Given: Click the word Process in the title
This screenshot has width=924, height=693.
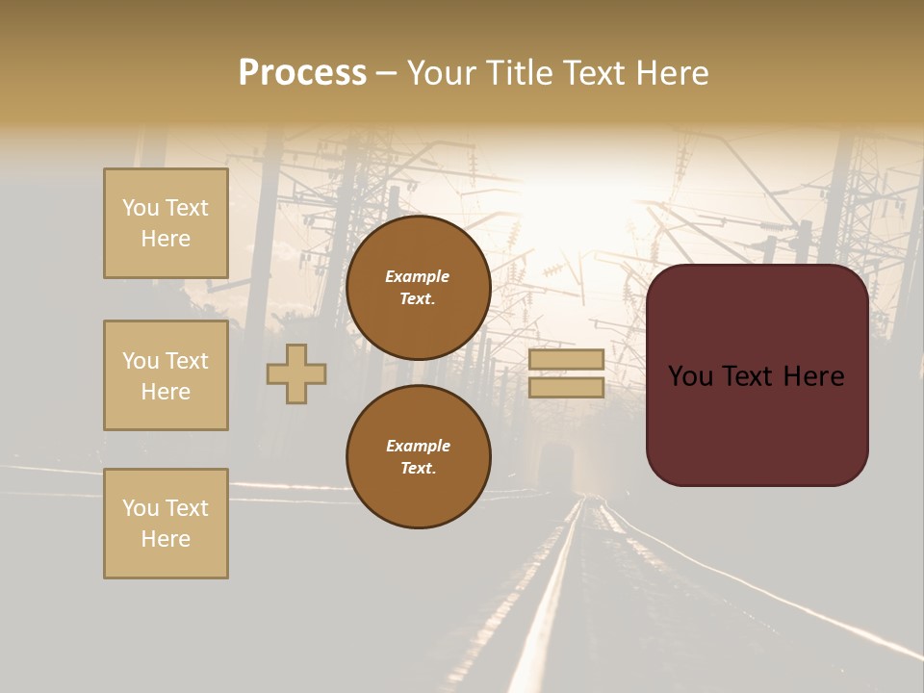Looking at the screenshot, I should tap(302, 73).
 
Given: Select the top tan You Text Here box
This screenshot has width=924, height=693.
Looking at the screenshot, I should tap(166, 223).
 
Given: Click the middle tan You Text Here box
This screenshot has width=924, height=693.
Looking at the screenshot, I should tap(166, 375).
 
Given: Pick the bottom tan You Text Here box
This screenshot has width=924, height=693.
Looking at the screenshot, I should tap(166, 524).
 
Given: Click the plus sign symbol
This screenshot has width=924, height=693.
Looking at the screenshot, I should tap(296, 373).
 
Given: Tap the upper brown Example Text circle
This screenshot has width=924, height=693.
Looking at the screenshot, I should tap(418, 288).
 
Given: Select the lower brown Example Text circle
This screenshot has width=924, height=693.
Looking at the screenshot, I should tap(418, 456).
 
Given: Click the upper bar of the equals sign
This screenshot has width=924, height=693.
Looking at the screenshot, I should tap(566, 359).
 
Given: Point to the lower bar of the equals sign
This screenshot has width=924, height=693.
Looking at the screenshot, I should tap(566, 387).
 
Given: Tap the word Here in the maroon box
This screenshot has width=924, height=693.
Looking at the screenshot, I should tap(813, 376).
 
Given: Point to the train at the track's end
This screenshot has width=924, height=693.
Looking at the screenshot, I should tap(556, 468).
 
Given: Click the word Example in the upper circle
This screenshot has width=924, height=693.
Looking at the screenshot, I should tap(418, 276).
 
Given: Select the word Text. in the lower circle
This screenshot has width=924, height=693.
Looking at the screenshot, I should tap(418, 468).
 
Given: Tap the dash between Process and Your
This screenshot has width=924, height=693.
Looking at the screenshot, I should tap(386, 74).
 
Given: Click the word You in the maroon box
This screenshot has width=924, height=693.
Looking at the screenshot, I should tap(691, 376).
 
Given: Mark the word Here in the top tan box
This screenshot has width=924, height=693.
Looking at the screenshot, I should tap(166, 239).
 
